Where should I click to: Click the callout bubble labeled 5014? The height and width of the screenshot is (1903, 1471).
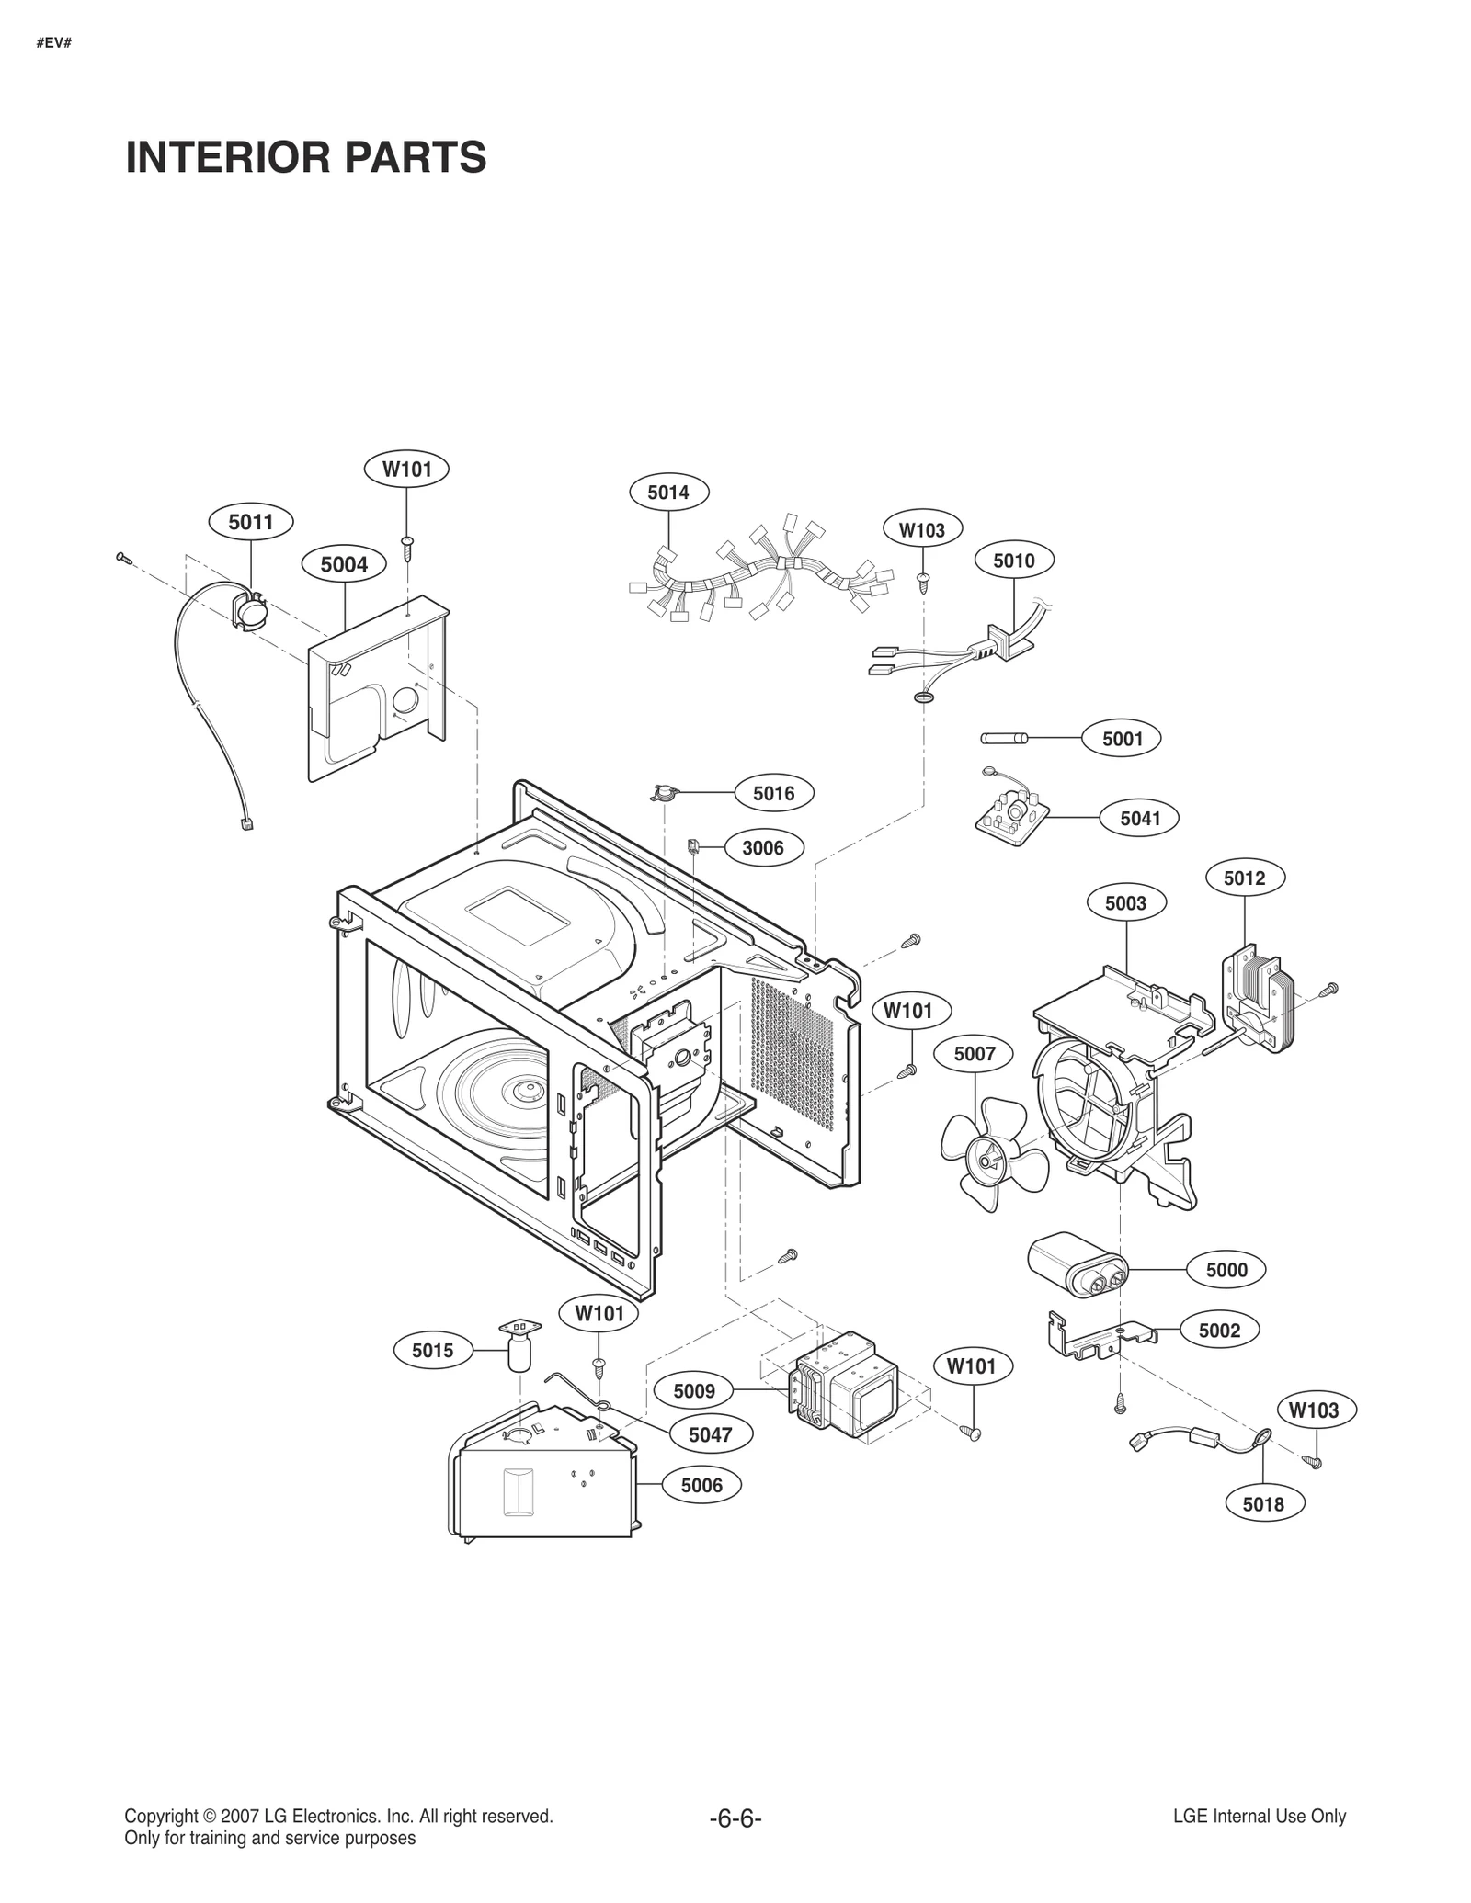coord(668,493)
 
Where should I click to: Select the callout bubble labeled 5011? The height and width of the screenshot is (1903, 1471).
coord(251,523)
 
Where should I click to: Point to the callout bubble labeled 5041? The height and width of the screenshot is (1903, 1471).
coord(1140,818)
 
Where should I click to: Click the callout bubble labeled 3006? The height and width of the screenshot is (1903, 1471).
coord(762,847)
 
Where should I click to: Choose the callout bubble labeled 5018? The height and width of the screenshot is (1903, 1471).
coord(1262,1503)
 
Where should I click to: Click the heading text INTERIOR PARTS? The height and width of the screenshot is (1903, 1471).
coord(305,157)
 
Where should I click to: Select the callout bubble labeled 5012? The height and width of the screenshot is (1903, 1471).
coord(1244,878)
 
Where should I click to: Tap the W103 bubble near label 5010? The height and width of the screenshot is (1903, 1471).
coord(922,529)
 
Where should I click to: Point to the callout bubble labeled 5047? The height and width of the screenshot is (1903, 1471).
coord(710,1434)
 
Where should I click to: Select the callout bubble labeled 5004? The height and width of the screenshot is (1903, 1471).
coord(344,564)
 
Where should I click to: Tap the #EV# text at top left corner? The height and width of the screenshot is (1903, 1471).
coord(54,42)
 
